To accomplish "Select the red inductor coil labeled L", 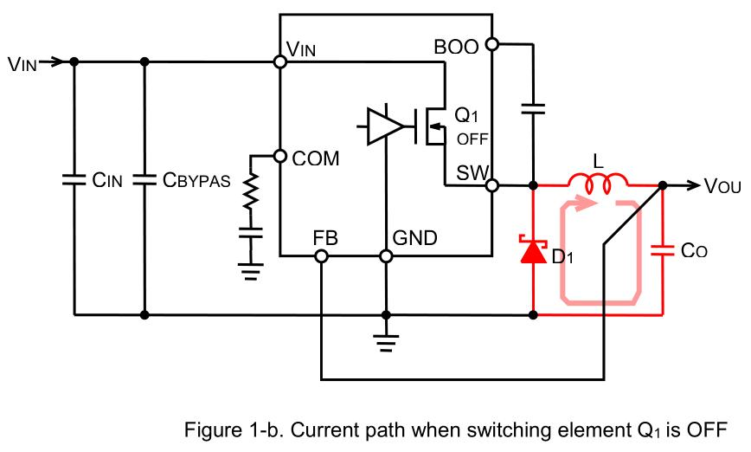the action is point(598,182).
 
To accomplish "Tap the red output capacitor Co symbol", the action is point(663,250).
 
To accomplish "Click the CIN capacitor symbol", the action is point(74,180).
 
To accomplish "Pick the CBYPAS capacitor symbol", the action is point(144,180).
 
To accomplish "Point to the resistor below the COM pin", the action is point(251,191).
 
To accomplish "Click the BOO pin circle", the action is point(492,44).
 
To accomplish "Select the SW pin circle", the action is point(492,185).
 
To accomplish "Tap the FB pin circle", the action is point(321,256).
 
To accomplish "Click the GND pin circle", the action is point(386,256).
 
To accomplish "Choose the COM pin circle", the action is point(279,156).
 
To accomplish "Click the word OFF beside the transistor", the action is point(472,139).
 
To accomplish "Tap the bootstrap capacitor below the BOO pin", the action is point(533,109).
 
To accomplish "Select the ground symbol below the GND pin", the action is point(386,343).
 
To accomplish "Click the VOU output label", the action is point(722,186).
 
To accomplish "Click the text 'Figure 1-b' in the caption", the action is point(234,429).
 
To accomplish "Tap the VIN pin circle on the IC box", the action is point(279,61).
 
